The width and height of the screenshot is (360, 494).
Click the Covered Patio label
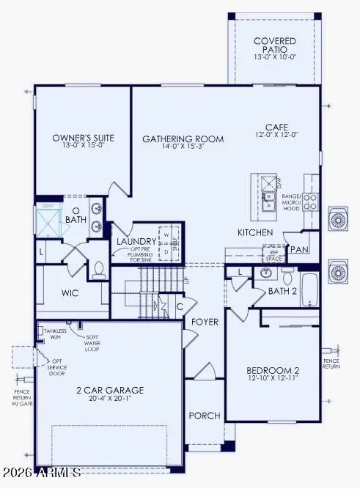pyautogui.click(x=274, y=46)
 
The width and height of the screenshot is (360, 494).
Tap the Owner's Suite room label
pyautogui.click(x=80, y=137)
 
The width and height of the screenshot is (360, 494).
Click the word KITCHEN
pyautogui.click(x=255, y=232)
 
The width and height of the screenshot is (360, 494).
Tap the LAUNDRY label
pyautogui.click(x=136, y=241)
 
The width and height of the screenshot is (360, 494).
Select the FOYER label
pyautogui.click(x=206, y=322)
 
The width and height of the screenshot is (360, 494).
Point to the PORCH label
pyautogui.click(x=205, y=416)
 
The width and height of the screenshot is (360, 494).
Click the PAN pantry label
pyautogui.click(x=298, y=249)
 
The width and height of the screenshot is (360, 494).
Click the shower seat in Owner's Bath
pyautogui.click(x=48, y=207)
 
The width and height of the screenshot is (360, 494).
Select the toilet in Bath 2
pyautogui.click(x=287, y=277)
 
